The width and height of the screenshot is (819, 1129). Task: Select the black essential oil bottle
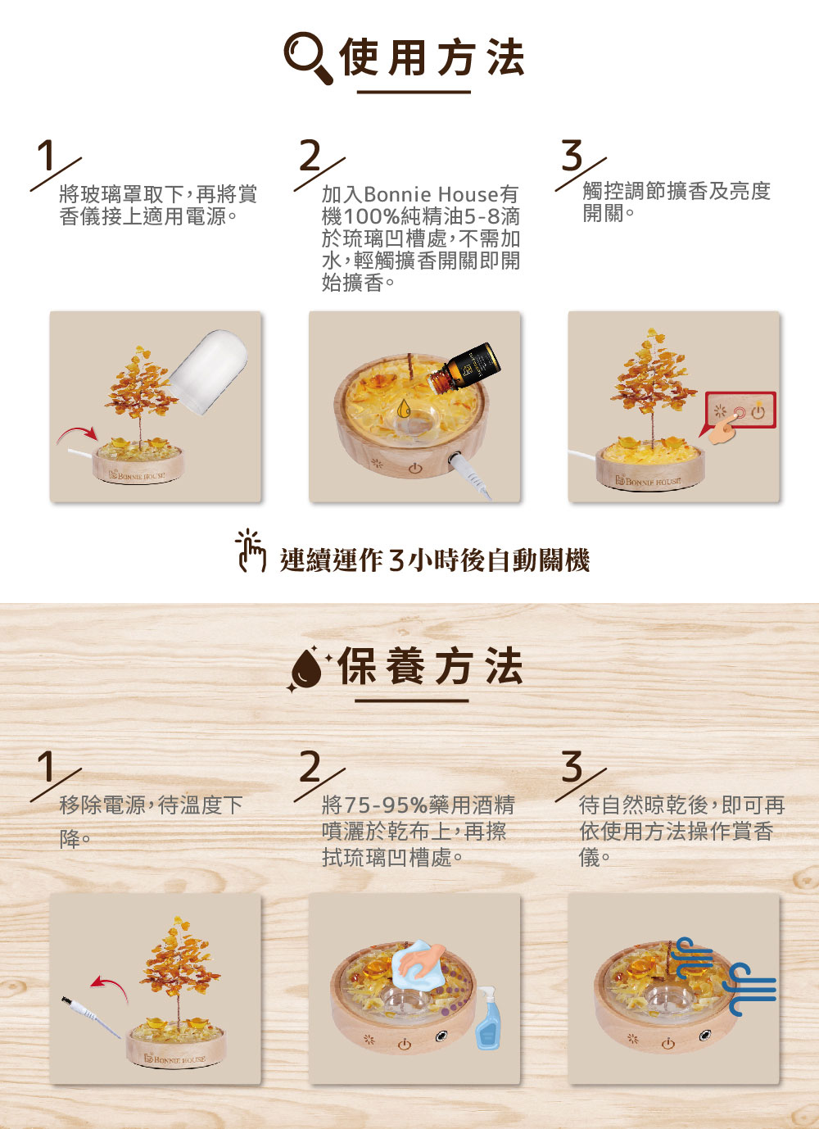click(x=464, y=368)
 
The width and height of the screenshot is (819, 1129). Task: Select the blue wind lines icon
click(x=726, y=975)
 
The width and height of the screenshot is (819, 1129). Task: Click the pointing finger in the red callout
click(x=723, y=432)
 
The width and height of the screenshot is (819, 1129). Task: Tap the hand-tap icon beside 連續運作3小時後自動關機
click(x=251, y=551)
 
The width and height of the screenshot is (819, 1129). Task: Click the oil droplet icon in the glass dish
click(x=404, y=409)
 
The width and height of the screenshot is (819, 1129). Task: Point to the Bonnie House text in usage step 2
click(x=431, y=194)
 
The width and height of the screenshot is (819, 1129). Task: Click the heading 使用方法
click(x=432, y=57)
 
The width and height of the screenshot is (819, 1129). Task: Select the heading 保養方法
click(x=430, y=666)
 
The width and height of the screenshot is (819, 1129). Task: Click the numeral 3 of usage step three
click(x=572, y=156)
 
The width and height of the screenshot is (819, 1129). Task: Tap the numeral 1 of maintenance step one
click(x=48, y=767)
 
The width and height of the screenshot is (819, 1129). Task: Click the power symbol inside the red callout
click(x=758, y=412)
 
